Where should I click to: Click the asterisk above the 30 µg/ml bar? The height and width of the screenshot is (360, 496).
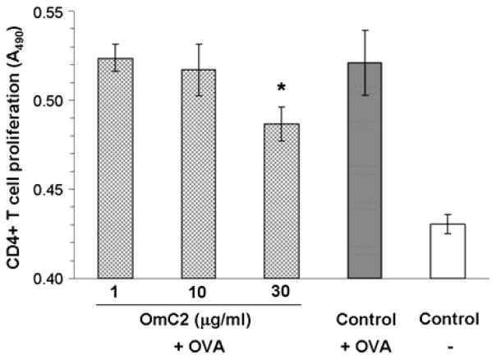click(281, 88)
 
